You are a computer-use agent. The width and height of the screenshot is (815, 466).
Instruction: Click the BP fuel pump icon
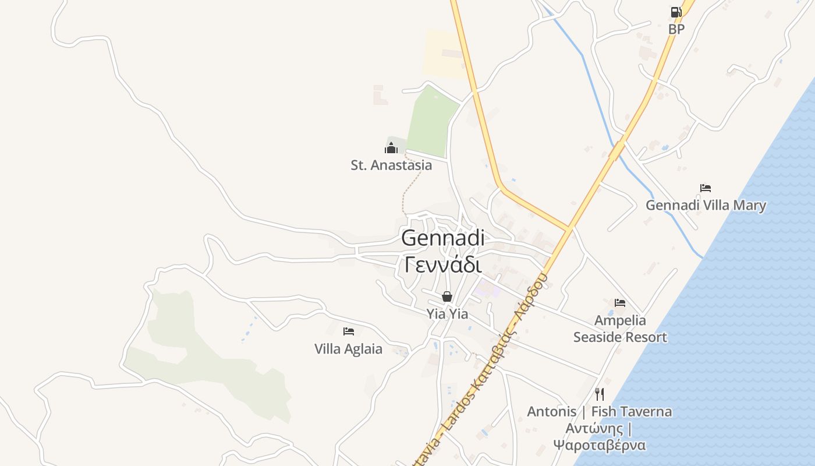[676, 12]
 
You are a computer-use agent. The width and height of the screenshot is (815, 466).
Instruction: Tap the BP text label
[676, 29]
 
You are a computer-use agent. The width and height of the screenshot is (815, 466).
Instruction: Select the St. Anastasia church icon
[391, 147]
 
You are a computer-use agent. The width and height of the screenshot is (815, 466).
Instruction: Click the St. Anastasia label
[391, 165]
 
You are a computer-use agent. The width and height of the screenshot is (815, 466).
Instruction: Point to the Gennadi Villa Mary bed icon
[706, 188]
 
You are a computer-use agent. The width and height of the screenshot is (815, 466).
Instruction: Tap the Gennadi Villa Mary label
[706, 205]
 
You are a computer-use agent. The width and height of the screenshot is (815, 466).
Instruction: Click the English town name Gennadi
[443, 238]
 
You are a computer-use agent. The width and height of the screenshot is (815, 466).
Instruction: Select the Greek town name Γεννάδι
[443, 265]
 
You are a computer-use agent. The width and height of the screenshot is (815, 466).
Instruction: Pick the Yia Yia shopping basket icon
[447, 296]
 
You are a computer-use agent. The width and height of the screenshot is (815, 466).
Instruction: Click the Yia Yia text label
[447, 313]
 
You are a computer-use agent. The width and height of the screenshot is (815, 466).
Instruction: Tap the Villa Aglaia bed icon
[348, 331]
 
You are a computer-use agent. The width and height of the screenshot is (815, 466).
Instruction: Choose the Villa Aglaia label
[348, 349]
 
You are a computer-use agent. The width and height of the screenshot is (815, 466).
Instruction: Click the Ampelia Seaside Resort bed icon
[620, 303]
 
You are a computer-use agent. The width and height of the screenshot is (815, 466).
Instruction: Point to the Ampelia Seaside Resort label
[620, 329]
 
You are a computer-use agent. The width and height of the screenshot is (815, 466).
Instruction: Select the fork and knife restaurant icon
[600, 394]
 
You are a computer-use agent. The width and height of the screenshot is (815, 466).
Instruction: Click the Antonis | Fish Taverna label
[599, 411]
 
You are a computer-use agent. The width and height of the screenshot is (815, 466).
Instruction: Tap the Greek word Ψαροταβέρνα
[599, 446]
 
